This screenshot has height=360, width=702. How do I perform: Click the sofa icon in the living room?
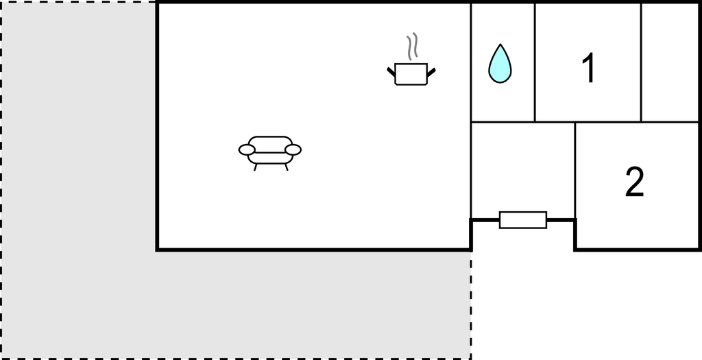tap(270, 153)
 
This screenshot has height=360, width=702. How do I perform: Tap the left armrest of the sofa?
tap(247, 149)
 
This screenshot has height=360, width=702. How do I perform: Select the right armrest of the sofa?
tap(293, 149)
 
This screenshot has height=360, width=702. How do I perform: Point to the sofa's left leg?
tap(256, 167)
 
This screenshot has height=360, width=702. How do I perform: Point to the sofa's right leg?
tap(286, 167)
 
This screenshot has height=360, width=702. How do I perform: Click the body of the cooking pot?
tap(411, 74)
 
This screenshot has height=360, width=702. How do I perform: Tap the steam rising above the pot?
tap(412, 46)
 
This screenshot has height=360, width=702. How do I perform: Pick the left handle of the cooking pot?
tap(391, 71)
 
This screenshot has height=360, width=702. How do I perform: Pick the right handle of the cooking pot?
tap(432, 71)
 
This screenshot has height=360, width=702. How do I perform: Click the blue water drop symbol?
tap(500, 66)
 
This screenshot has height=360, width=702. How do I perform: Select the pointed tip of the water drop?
tap(500, 45)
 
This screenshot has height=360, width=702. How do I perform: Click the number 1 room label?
tap(589, 68)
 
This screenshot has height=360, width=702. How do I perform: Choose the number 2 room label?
tap(634, 181)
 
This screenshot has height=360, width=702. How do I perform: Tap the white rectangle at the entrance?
tap(523, 220)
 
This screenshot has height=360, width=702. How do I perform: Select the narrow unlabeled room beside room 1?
tap(670, 62)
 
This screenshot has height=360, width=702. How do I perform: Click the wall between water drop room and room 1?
tap(535, 62)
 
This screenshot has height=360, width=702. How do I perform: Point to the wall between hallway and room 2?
tap(575, 171)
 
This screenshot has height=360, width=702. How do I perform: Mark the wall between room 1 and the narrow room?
tap(641, 62)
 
